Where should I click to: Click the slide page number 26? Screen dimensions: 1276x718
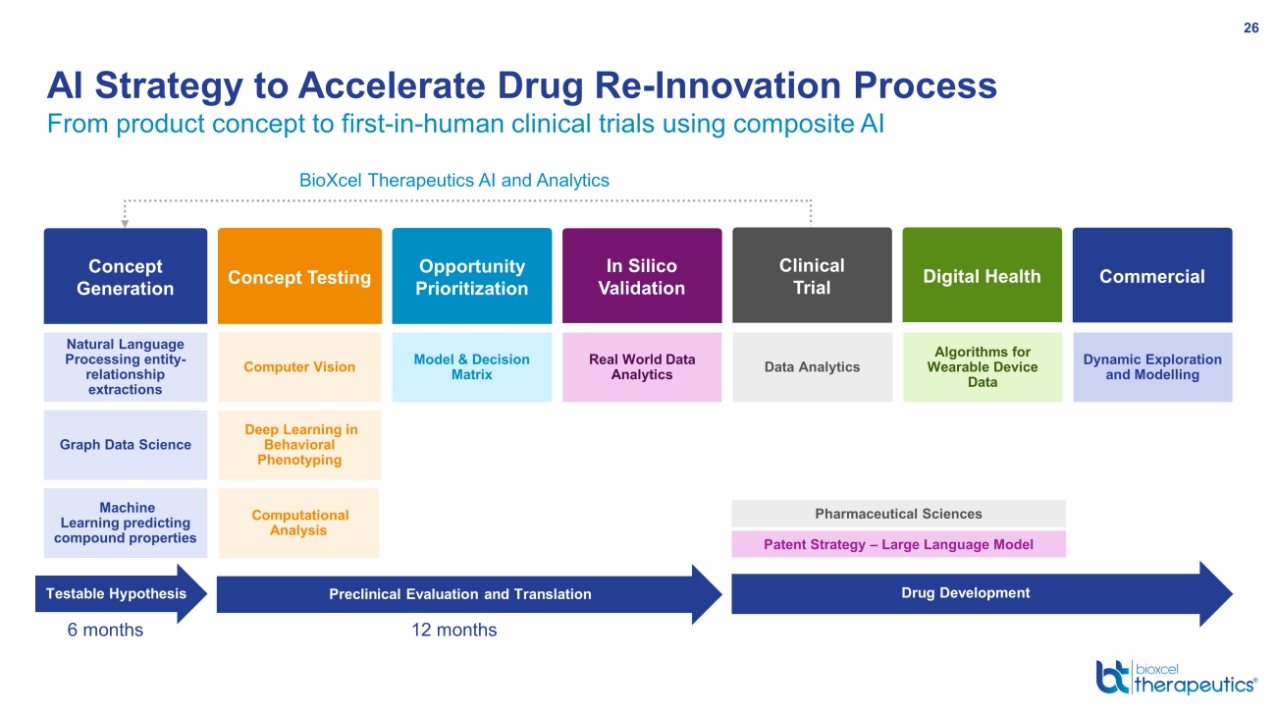coord(1250,28)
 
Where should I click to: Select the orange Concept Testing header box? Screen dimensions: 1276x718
coord(299,276)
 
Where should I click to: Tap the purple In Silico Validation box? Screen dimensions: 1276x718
coord(642,276)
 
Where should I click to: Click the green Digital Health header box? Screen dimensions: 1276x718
coord(983,275)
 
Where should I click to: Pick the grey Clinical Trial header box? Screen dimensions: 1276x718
coord(812,275)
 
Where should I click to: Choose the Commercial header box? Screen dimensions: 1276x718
coord(1152,275)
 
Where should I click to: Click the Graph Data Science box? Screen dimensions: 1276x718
coord(126,445)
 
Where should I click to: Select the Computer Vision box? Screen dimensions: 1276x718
coord(299,367)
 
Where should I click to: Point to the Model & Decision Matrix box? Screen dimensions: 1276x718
coord(472,367)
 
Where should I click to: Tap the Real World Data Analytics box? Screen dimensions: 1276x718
coord(642,367)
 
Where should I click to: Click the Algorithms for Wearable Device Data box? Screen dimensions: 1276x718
coord(983,367)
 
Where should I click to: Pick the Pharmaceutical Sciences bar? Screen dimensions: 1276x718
coord(898,514)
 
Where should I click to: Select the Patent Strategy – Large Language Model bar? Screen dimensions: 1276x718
coord(898,544)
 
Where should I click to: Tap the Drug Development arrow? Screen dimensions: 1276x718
coord(983,594)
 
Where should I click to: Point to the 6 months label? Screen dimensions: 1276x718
coord(105,630)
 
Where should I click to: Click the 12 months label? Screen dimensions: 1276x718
coord(454,630)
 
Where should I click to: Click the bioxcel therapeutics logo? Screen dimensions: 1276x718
coord(1177,678)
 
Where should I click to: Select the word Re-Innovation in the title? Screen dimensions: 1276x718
coord(718,85)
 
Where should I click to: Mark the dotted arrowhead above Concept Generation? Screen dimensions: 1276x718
coord(125,224)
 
